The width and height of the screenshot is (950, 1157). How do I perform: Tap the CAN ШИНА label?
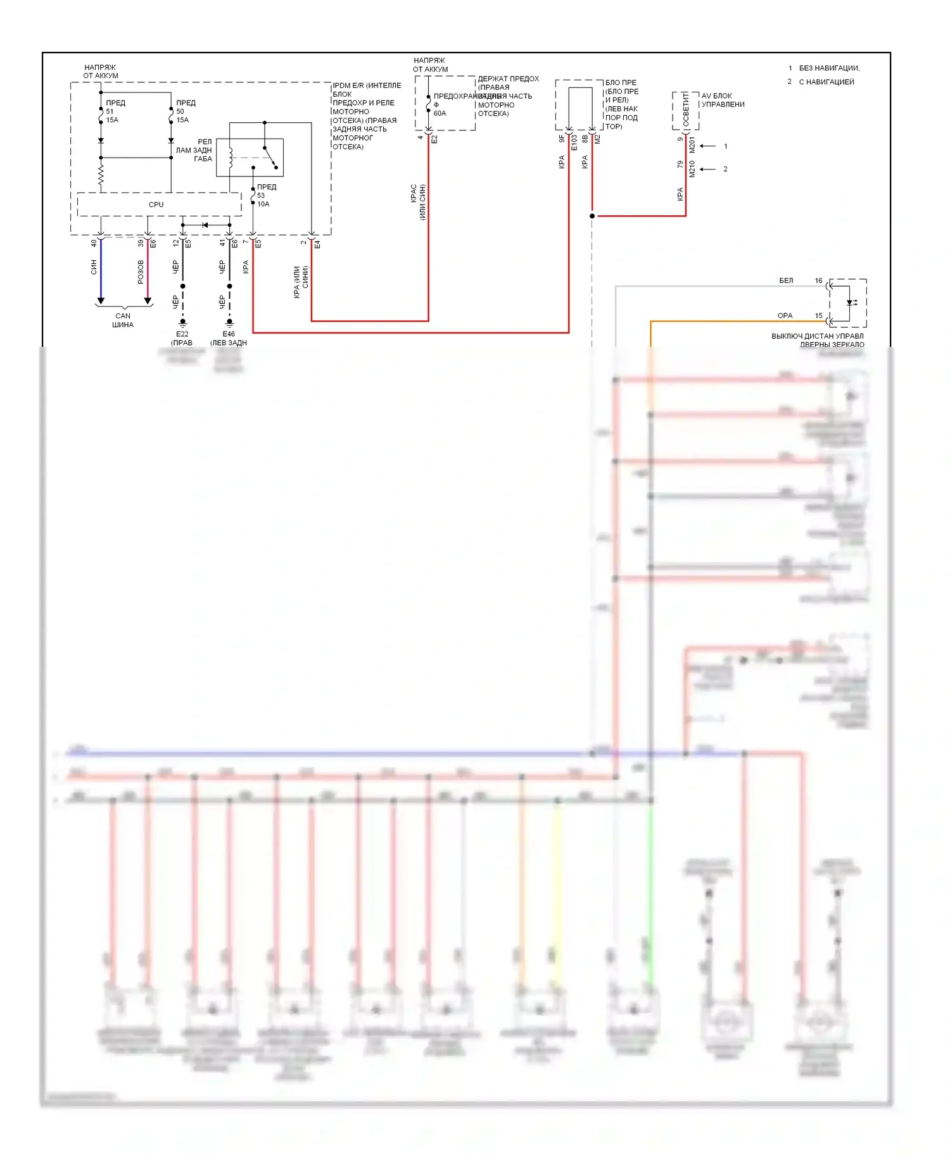(123, 320)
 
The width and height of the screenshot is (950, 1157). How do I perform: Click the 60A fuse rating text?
(440, 113)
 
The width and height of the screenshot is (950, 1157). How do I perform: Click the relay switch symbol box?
(250, 157)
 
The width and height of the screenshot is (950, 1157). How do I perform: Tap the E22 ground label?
(182, 338)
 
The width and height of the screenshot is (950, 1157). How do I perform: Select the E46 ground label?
(229, 338)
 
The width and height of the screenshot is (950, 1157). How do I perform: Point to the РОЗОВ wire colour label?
(141, 272)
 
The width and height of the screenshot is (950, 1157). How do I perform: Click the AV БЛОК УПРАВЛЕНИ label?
(723, 100)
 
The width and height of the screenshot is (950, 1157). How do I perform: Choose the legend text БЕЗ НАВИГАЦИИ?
(829, 68)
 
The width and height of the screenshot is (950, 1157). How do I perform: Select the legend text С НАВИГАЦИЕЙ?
(826, 82)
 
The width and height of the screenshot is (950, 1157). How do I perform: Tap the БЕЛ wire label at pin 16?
(786, 280)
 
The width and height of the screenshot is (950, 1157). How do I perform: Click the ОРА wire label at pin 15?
(785, 315)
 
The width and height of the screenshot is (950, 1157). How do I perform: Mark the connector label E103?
(574, 142)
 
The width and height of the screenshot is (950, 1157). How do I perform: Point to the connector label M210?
(692, 168)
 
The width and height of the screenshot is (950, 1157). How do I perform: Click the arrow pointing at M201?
(707, 146)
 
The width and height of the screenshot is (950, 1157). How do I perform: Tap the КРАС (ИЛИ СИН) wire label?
(418, 202)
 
